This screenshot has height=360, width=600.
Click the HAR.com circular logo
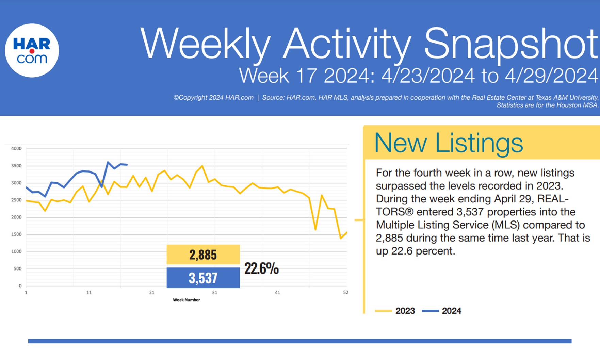pyautogui.click(x=32, y=50)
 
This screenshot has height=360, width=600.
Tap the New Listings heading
pyautogui.click(x=448, y=143)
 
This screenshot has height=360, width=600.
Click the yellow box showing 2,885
pyautogui.click(x=203, y=255)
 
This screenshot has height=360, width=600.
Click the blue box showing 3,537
pyautogui.click(x=203, y=278)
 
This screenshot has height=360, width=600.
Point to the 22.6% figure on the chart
pyautogui.click(x=261, y=268)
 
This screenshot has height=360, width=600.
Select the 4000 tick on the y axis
pyautogui.click(x=16, y=149)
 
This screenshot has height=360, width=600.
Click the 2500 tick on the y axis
pyautogui.click(x=16, y=200)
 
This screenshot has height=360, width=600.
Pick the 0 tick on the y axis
pyautogui.click(x=20, y=286)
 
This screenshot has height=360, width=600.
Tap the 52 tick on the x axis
pyautogui.click(x=346, y=293)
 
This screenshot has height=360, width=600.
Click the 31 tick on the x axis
pyautogui.click(x=214, y=293)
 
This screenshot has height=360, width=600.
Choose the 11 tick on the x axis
pyautogui.click(x=89, y=293)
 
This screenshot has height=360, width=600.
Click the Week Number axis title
pyautogui.click(x=186, y=300)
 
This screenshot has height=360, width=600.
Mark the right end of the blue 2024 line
pyautogui.click(x=127, y=165)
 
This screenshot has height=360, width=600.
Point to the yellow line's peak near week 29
pyautogui.click(x=202, y=166)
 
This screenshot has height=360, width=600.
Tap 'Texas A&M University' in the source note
pyautogui.click(x=567, y=98)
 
